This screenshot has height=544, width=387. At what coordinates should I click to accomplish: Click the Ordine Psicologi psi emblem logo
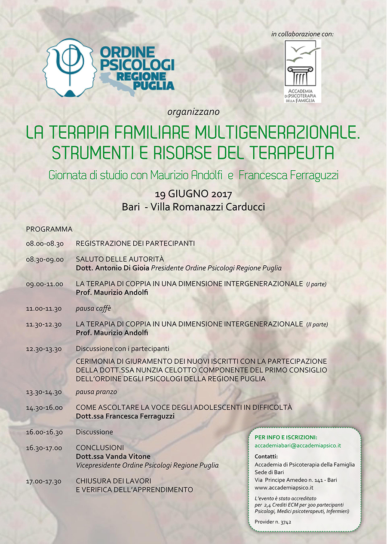(x=68, y=67)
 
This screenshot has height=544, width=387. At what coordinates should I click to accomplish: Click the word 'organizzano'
(x=193, y=112)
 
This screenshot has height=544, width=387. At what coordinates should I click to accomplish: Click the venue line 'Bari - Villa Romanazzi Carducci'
(x=193, y=207)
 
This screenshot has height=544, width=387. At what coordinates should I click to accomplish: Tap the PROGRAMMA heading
(x=49, y=229)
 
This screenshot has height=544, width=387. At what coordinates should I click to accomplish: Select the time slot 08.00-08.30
(x=45, y=244)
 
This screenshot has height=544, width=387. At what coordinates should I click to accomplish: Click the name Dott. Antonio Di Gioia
(x=112, y=268)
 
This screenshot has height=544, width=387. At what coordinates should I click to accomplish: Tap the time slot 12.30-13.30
(x=45, y=349)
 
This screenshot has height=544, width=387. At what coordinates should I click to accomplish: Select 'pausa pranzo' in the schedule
(x=96, y=392)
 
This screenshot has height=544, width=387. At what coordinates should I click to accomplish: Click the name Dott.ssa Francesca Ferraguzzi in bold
(x=125, y=416)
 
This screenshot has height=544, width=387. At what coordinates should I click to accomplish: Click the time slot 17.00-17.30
(x=45, y=481)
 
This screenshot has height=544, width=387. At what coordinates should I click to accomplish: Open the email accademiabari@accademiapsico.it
(x=298, y=446)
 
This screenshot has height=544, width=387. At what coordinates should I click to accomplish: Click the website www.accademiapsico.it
(x=284, y=488)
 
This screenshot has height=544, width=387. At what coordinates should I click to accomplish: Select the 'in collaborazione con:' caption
(x=302, y=34)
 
